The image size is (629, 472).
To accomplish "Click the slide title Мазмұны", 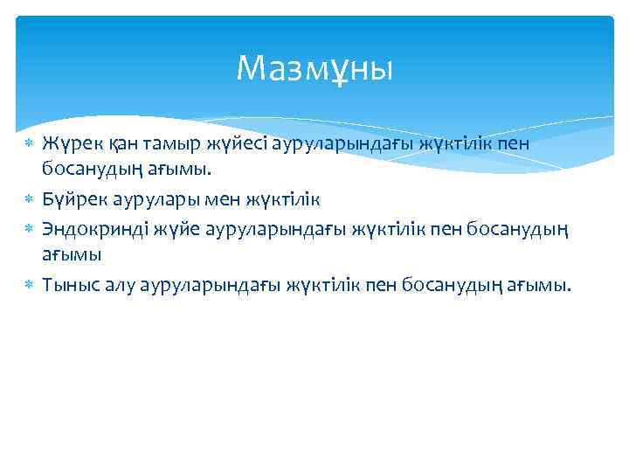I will [x=314, y=67].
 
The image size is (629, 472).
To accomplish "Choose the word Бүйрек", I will [x=72, y=199].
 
